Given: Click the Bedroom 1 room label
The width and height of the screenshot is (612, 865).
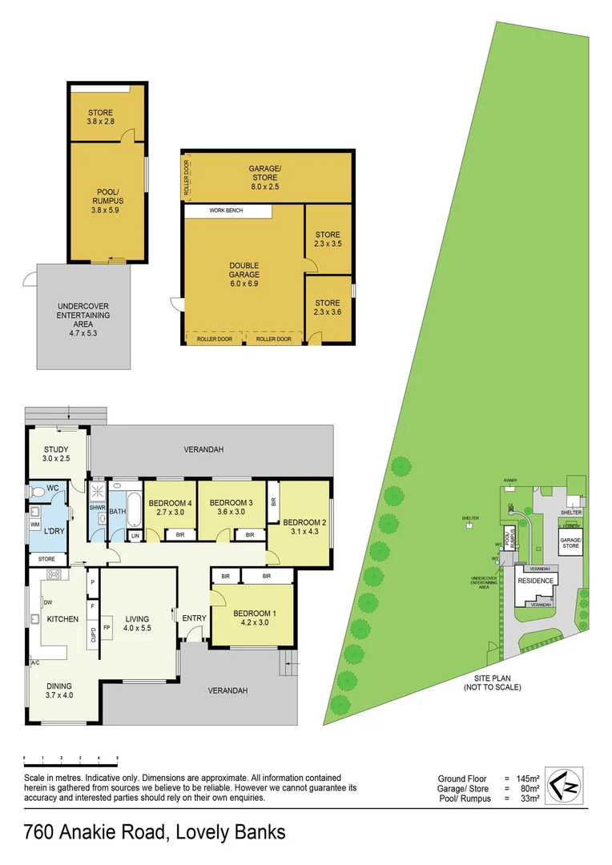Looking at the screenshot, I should click(253, 619).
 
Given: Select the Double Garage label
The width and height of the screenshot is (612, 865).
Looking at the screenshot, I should click(244, 274).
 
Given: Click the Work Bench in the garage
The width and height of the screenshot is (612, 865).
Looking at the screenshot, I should click(226, 211).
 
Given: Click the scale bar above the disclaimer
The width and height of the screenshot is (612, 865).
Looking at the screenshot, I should click(71, 758).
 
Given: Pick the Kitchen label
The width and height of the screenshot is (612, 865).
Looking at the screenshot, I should click(62, 619).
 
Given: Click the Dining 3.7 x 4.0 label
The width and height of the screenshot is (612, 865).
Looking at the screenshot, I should click(58, 690).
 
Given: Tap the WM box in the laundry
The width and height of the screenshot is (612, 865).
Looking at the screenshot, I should click(35, 524).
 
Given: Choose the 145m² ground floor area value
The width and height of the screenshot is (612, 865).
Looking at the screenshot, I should click(528, 778).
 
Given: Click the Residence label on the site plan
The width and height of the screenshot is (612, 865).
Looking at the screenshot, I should click(533, 581).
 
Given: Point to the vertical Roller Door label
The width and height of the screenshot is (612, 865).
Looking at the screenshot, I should click(187, 179).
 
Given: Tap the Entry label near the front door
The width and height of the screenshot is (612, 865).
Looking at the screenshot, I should click(194, 618).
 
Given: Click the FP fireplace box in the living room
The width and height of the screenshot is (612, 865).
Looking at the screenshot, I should click(107, 627).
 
